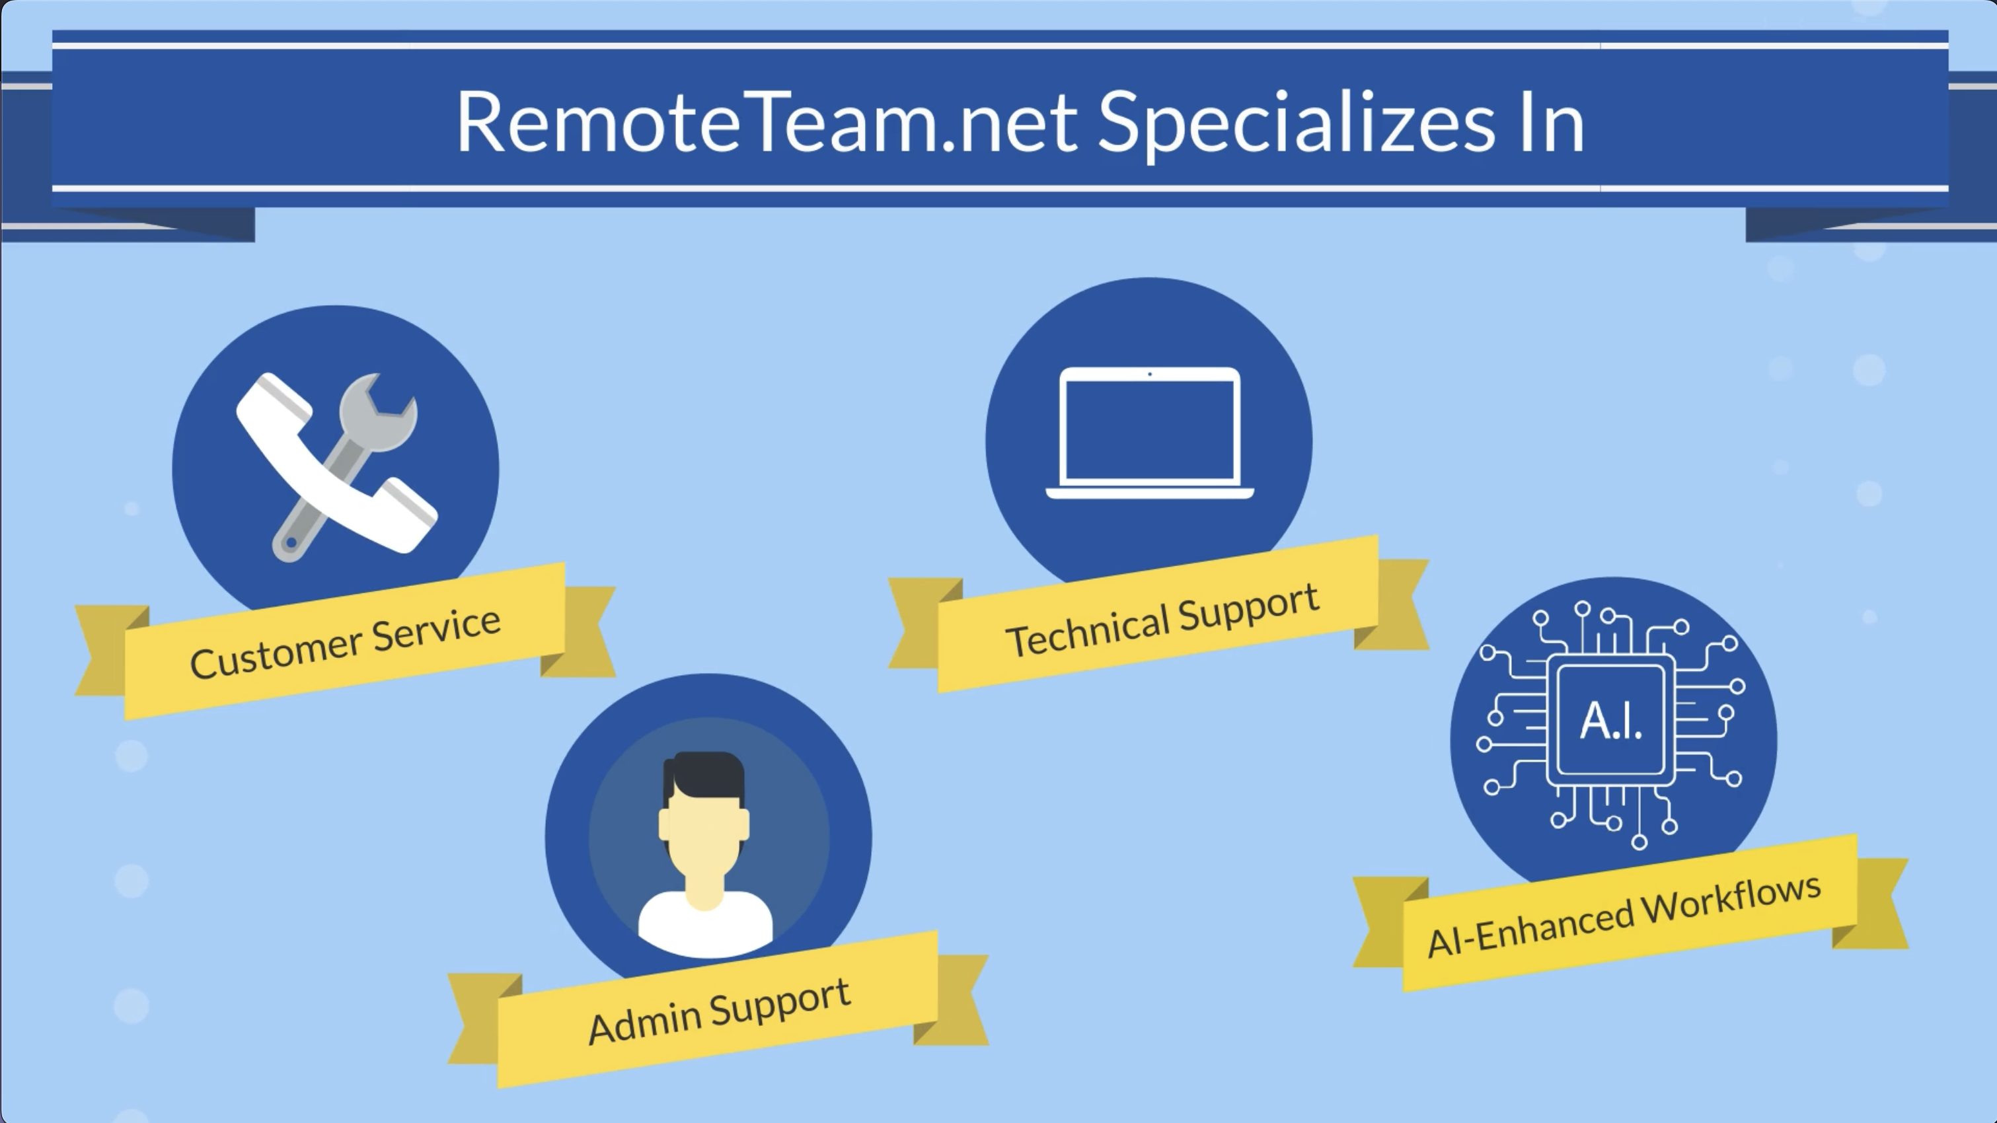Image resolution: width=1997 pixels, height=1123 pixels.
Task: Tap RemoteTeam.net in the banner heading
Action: click(x=767, y=122)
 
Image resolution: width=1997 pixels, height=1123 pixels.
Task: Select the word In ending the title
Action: click(x=1552, y=122)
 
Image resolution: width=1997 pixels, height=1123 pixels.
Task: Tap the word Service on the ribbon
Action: click(x=436, y=627)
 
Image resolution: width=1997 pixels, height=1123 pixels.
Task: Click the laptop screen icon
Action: click(x=1150, y=433)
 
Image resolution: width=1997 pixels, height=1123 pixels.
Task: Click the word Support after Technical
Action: click(x=1248, y=608)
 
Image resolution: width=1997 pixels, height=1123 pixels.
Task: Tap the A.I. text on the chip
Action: click(x=1611, y=721)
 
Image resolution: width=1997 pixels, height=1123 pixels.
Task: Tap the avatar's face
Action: click(x=704, y=832)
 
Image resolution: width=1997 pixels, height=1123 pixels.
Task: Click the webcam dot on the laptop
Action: click(x=1150, y=375)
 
